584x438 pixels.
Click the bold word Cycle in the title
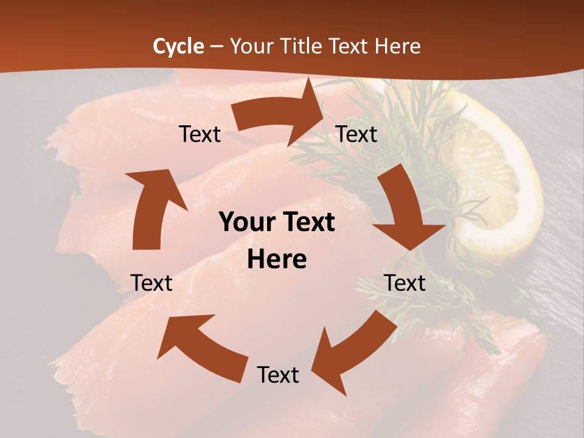coord(178,46)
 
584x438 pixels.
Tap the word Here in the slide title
coord(398,46)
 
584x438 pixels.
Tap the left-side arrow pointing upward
coord(152,210)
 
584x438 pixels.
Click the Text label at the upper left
coord(200,134)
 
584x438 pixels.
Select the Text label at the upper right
coord(356,134)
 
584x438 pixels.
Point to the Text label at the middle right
coord(405,283)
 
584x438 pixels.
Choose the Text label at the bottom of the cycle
coord(278,375)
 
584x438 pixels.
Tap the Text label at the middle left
coord(151,283)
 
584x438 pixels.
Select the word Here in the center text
coord(277,260)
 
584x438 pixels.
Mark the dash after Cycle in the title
coord(217,46)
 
